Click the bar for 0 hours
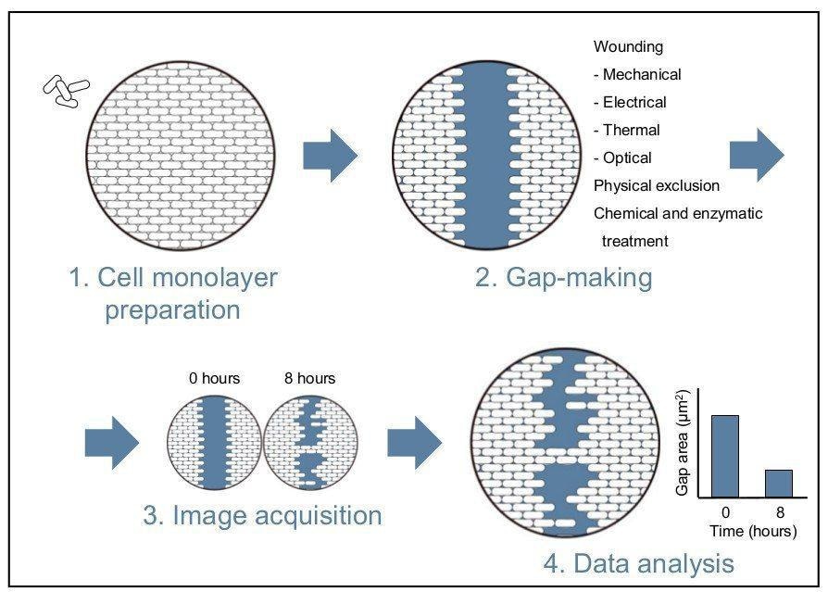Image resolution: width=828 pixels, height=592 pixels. click(725, 457)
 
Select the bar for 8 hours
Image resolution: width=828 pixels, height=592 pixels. click(778, 484)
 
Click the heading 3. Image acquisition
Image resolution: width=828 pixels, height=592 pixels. click(262, 515)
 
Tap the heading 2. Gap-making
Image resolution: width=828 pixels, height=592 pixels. click(563, 277)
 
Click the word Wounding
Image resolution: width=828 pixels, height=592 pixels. click(628, 46)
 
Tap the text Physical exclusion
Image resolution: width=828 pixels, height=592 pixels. click(657, 185)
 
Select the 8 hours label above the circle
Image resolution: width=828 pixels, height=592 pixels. click(309, 378)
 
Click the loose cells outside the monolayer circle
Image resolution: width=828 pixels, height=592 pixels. click(67, 90)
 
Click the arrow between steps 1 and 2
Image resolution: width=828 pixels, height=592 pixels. click(331, 154)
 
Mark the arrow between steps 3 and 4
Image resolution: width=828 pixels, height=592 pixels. click(414, 443)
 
